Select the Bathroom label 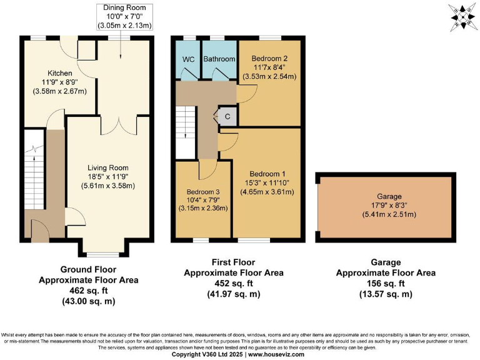click(x=220, y=59)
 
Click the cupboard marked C click(x=227, y=116)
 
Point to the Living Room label click(x=108, y=167)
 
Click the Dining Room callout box click(x=125, y=16)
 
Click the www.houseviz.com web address click(x=277, y=354)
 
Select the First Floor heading click(x=233, y=262)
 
